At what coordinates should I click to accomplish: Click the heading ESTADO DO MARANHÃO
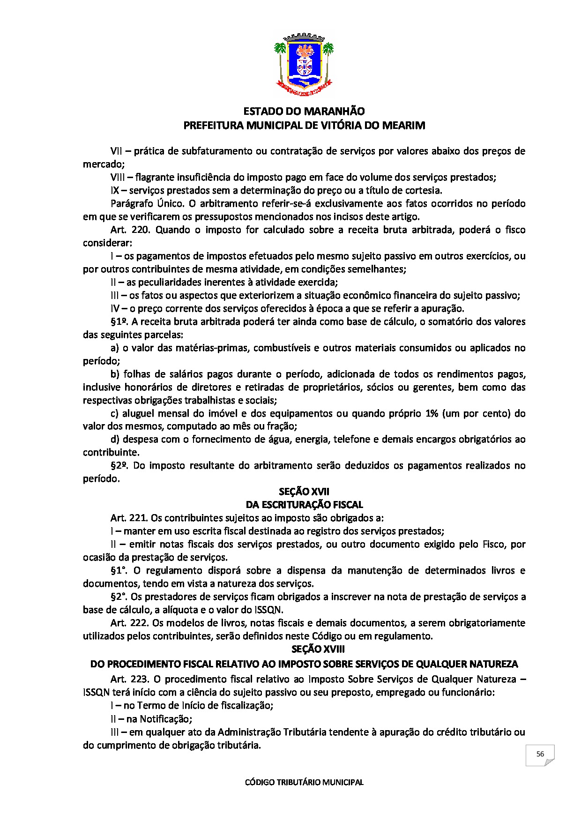point(304,112)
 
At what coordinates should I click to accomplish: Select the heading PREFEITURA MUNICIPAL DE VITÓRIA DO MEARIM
point(304,126)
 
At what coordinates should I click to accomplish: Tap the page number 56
point(540,754)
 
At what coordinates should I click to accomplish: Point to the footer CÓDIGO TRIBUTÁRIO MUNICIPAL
point(304,782)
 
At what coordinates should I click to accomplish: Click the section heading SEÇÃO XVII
point(304,492)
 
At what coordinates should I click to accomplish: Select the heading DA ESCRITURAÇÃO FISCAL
point(304,505)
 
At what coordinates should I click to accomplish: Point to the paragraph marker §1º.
point(120,322)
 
